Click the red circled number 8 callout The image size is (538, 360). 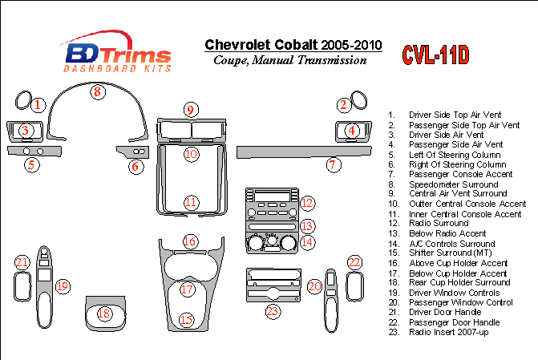pyautogui.click(x=98, y=92)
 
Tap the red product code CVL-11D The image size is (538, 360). pyautogui.click(x=435, y=55)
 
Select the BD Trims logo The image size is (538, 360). pyautogui.click(x=116, y=51)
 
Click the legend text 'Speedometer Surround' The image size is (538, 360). pyautogui.click(x=453, y=184)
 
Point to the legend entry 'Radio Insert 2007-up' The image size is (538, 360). pyautogui.click(x=448, y=332)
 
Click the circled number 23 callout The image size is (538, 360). pyautogui.click(x=273, y=312)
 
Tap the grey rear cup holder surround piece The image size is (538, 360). pyautogui.click(x=106, y=313)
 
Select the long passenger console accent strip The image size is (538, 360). pyautogui.click(x=304, y=152)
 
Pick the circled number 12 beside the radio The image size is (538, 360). pyautogui.click(x=307, y=203)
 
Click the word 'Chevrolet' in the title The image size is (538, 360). pyautogui.click(x=237, y=45)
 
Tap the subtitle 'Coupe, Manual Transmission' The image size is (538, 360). pyautogui.click(x=290, y=60)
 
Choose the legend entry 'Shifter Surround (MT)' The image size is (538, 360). pyautogui.click(x=450, y=253)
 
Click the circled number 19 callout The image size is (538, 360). pyautogui.click(x=63, y=286)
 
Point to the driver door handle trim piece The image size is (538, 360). pyautogui.click(x=22, y=286)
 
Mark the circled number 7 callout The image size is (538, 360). pyautogui.click(x=334, y=165)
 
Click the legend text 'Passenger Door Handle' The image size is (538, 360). pyautogui.click(x=454, y=322)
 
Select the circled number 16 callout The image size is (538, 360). pyautogui.click(x=190, y=241)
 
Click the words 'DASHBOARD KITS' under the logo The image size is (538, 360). pyautogui.click(x=117, y=68)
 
